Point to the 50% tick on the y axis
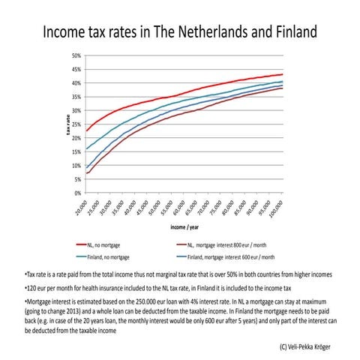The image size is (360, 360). (x=76, y=55)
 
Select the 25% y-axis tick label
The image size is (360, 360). (x=76, y=124)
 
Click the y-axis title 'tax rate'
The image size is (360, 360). (x=66, y=124)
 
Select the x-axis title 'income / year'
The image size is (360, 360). (x=180, y=227)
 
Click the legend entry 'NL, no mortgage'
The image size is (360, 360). (x=104, y=245)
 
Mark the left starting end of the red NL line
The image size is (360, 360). (x=87, y=131)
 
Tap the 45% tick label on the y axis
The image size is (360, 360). (x=76, y=69)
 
